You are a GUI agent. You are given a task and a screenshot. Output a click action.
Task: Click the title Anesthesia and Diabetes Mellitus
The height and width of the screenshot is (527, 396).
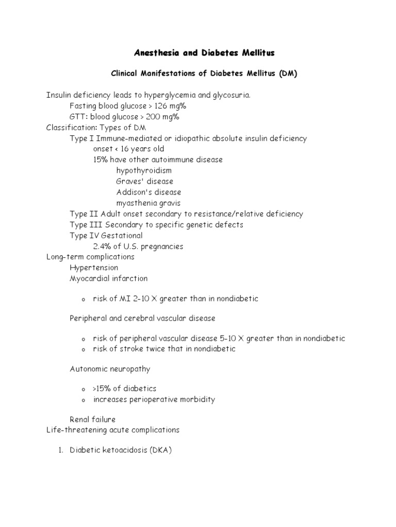(204, 53)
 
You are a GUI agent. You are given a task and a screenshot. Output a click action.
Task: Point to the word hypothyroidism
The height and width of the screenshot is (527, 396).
(144, 170)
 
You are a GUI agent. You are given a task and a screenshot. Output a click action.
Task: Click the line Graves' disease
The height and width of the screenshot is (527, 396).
(144, 181)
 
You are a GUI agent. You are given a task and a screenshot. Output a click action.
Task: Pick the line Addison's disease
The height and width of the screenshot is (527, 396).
(148, 192)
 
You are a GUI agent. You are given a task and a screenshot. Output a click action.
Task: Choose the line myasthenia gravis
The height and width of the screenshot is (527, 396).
(148, 203)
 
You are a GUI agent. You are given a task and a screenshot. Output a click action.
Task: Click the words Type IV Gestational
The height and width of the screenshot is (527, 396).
(106, 235)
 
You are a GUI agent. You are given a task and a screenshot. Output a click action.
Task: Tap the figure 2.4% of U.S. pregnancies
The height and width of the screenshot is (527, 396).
(138, 246)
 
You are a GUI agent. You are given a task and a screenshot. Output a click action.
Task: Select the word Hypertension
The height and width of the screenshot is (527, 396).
(94, 268)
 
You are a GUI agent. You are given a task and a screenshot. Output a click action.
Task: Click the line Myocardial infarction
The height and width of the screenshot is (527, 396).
(108, 278)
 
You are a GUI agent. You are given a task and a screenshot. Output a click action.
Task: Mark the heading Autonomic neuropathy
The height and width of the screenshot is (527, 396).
(110, 369)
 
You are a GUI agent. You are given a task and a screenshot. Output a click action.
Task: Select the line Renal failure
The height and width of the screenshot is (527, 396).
(93, 419)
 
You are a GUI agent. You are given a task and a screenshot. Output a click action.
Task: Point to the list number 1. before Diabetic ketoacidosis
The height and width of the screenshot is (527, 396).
(59, 450)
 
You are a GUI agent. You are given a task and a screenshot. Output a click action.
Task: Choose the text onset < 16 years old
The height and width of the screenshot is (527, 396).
(128, 149)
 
